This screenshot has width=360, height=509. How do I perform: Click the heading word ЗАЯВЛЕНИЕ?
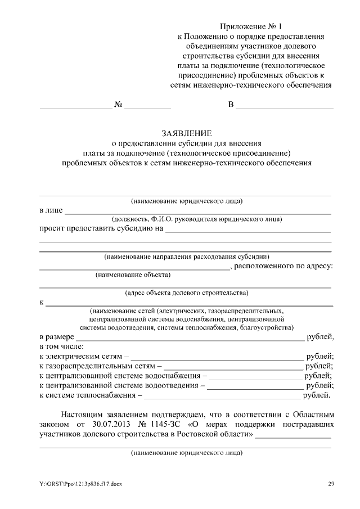[186, 133]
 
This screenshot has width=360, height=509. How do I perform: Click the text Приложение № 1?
[250, 26]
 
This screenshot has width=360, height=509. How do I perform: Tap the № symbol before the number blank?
[119, 105]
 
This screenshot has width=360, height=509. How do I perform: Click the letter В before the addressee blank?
[231, 105]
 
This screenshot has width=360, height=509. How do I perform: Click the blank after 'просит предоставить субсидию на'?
[247, 229]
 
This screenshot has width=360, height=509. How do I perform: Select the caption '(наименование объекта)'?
[133, 275]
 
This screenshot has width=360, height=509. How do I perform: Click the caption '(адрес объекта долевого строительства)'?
[186, 292]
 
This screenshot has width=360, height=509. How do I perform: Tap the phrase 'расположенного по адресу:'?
[283, 266]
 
